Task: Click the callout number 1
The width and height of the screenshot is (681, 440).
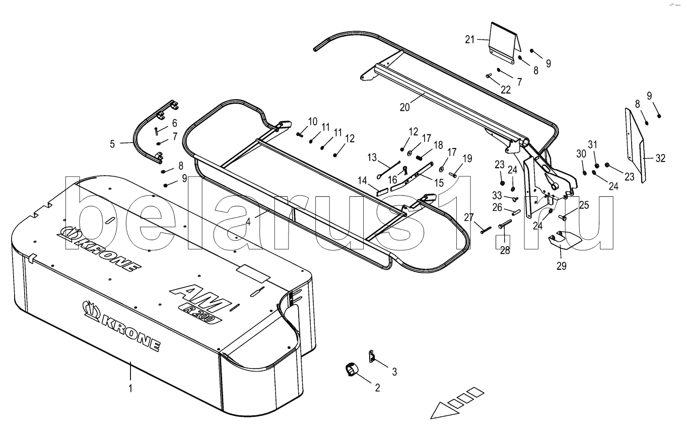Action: [x=130, y=388]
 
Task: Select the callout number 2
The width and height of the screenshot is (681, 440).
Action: [x=378, y=388]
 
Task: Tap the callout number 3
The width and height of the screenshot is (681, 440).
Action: [x=394, y=372]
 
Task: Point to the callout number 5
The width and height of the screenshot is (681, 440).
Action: [x=112, y=143]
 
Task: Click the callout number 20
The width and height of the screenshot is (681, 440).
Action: [x=404, y=107]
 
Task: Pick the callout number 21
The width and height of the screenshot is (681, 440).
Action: [x=470, y=39]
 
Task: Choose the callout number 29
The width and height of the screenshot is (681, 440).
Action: [x=562, y=266]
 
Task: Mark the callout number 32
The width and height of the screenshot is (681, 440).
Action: [x=660, y=158]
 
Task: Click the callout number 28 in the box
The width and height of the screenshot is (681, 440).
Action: [x=505, y=250]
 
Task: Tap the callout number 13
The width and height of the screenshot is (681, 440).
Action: [x=372, y=158]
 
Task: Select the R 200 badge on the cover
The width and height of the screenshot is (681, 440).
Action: [x=201, y=314]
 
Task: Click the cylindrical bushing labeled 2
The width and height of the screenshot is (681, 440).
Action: [x=352, y=369]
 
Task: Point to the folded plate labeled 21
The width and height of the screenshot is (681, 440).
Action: [x=505, y=43]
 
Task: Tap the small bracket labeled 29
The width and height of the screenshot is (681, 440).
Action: [x=565, y=240]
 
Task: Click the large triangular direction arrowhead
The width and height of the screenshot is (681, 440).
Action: [x=444, y=411]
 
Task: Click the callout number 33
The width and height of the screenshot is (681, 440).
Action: [x=497, y=194]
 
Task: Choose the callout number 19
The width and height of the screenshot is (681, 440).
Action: [x=467, y=158]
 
